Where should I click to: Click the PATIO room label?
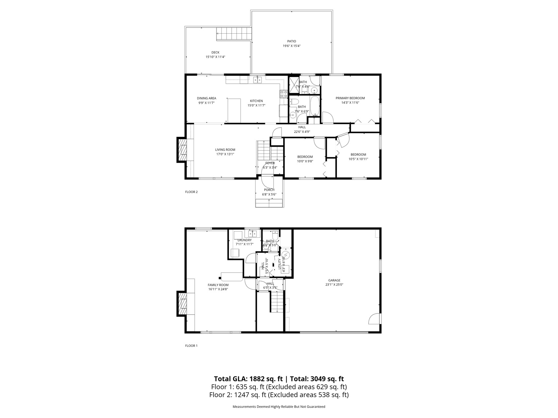291,41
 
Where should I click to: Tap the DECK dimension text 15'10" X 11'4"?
215,57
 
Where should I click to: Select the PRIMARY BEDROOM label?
350,98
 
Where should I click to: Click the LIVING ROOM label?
225,150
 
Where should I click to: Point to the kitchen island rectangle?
234,110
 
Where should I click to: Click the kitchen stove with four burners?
283,94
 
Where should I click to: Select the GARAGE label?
334,280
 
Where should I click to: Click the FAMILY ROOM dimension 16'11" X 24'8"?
218,289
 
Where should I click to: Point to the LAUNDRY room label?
244,240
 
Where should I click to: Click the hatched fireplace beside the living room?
182,150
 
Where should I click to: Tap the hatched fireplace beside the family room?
182,304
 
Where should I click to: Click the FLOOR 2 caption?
191,192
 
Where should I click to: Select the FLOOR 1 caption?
191,346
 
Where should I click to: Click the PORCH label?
269,190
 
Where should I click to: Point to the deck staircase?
234,34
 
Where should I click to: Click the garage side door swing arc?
375,319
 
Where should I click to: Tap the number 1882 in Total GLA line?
256,379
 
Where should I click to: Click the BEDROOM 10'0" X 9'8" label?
305,157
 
